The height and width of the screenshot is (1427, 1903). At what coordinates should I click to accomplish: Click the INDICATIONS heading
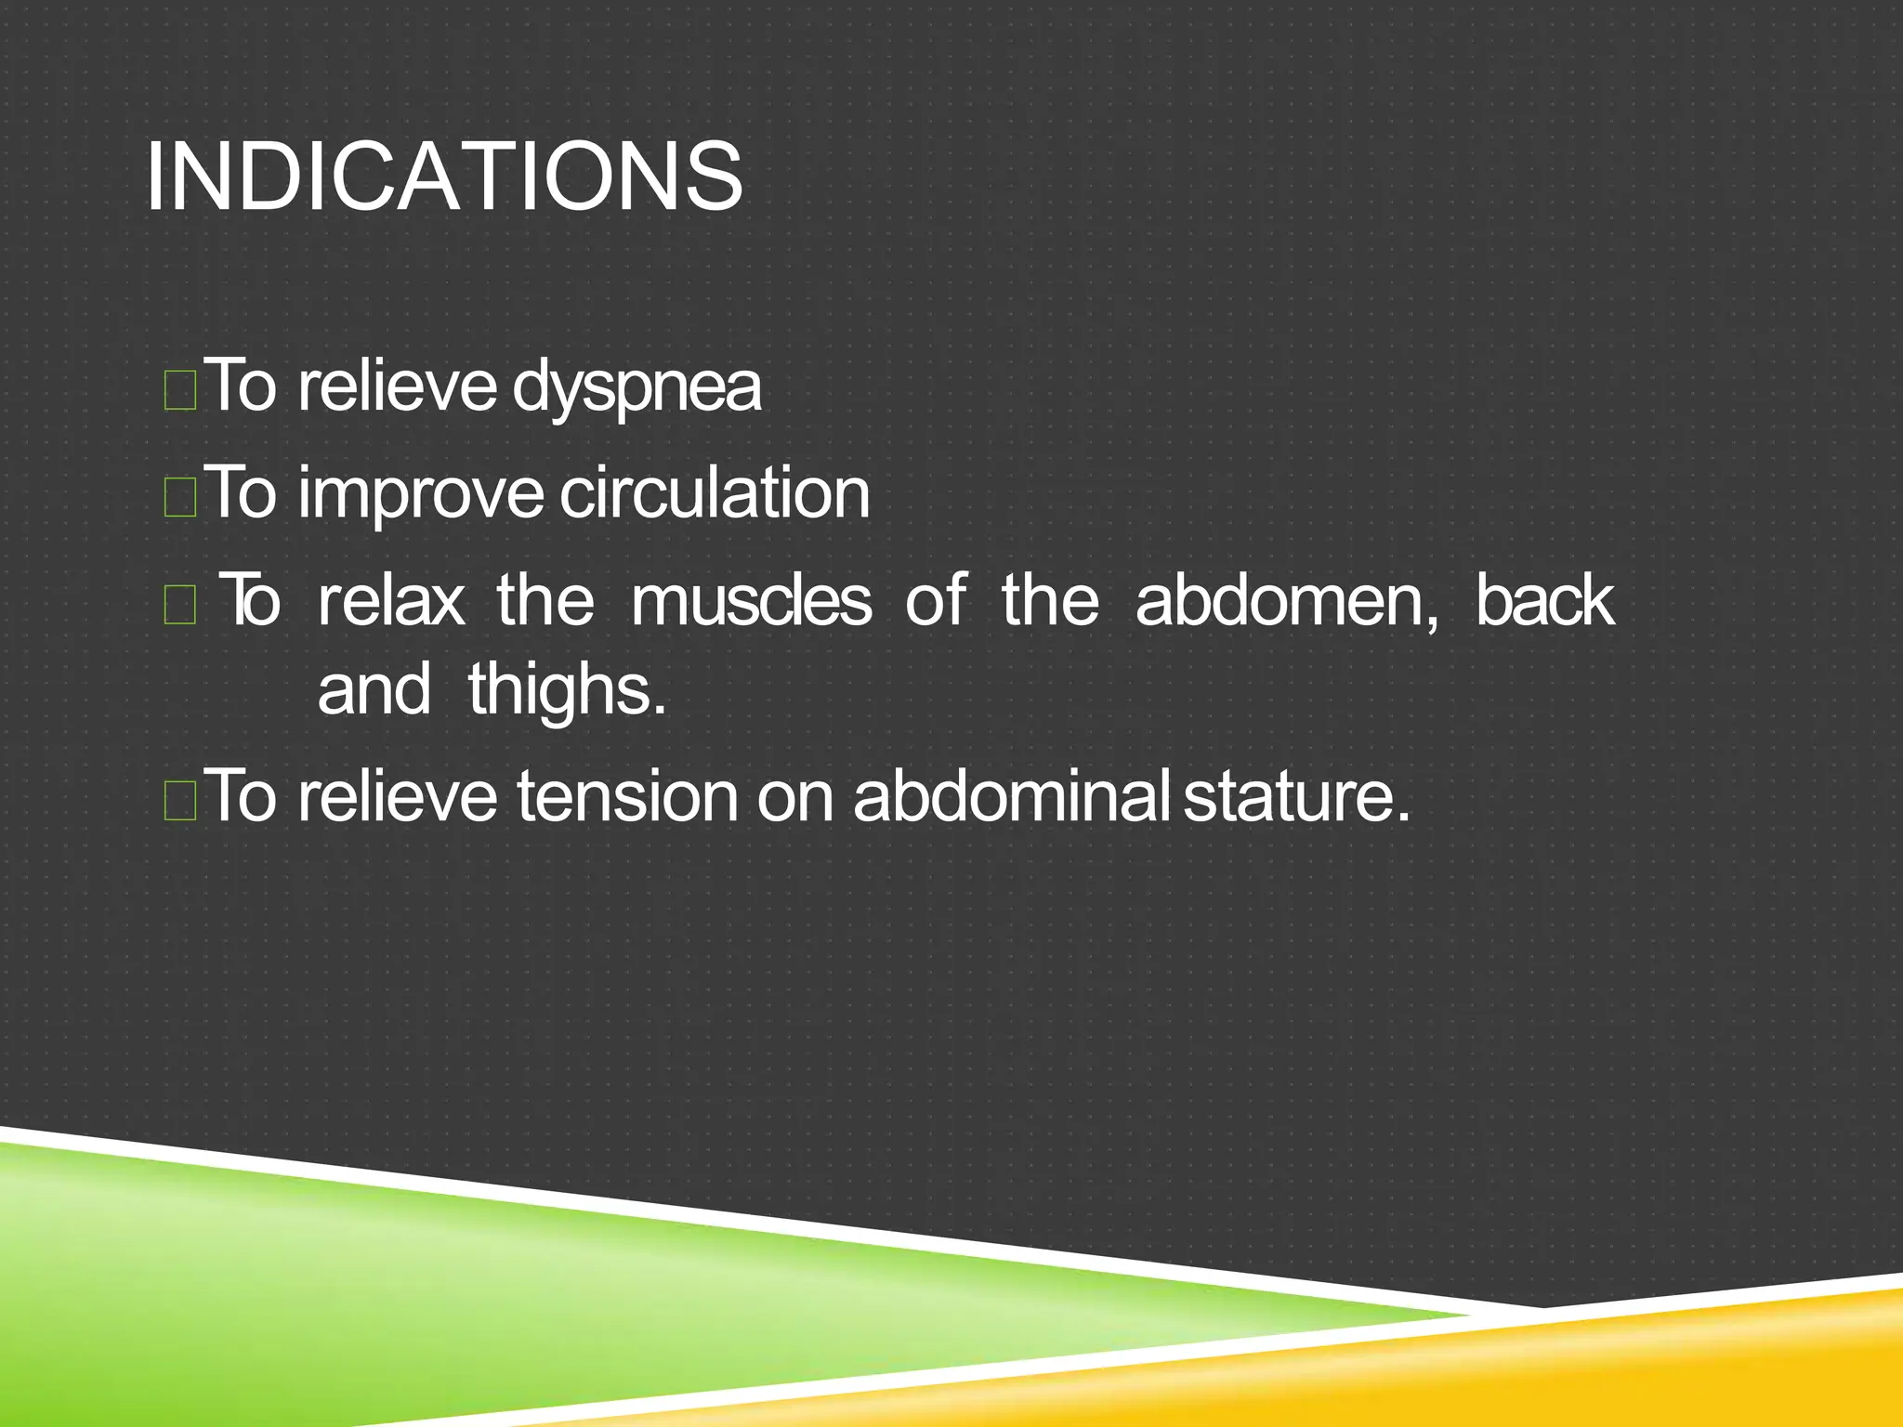(444, 177)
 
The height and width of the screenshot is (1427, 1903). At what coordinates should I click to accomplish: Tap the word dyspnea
(637, 387)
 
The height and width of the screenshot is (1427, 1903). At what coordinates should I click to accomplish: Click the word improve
(420, 494)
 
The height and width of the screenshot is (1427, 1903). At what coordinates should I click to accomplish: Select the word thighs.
(567, 690)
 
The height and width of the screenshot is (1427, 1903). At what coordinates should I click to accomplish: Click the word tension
(627, 796)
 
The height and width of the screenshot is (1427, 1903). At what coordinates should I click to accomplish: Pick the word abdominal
(1010, 796)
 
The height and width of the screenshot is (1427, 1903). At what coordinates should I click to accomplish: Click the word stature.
(1296, 796)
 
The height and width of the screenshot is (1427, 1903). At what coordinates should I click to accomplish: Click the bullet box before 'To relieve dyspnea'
(179, 390)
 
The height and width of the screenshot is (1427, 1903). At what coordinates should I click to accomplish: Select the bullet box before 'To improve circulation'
(179, 497)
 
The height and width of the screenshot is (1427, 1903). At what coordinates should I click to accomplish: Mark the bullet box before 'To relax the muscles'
(179, 605)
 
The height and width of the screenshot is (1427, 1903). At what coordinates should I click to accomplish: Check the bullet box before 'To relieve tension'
(179, 801)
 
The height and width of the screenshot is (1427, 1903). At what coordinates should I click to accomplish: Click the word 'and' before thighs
(374, 690)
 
